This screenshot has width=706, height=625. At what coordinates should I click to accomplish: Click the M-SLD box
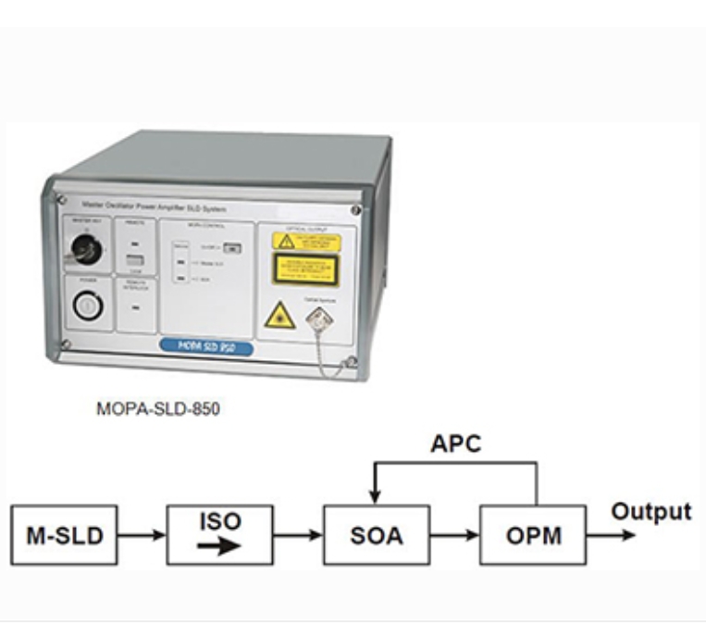[x=64, y=535]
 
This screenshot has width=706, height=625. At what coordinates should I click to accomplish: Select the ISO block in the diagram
[x=219, y=534]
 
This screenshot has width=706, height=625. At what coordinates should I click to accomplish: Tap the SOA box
[x=376, y=535]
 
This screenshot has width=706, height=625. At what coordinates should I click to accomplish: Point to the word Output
[x=653, y=512]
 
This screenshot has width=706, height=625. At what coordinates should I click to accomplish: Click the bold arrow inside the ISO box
[x=219, y=546]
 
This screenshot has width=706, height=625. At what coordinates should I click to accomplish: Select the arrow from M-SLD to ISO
[x=141, y=535]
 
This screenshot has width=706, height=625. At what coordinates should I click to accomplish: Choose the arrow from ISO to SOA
[x=298, y=535]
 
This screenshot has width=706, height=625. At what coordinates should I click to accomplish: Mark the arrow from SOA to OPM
[x=454, y=535]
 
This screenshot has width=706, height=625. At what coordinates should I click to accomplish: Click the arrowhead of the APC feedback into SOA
[x=376, y=496]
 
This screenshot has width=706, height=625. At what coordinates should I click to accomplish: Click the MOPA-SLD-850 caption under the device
[x=158, y=407]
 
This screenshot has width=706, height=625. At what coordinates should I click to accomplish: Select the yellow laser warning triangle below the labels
[x=279, y=316]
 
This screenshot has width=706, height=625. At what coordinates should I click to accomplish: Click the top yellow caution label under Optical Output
[x=306, y=243]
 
